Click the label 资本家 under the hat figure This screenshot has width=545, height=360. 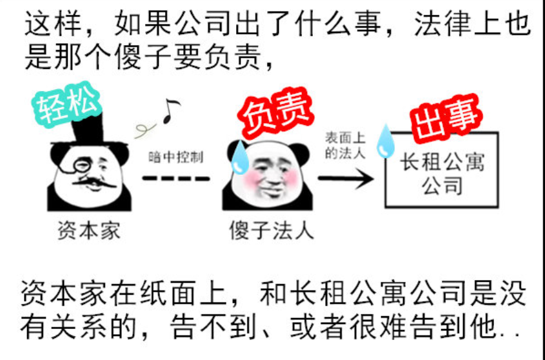point(89,230)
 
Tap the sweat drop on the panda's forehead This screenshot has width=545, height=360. point(239,154)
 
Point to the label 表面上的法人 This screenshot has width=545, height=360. point(345,146)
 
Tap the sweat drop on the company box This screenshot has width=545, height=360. point(386,141)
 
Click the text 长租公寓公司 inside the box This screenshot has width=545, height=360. point(442,174)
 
